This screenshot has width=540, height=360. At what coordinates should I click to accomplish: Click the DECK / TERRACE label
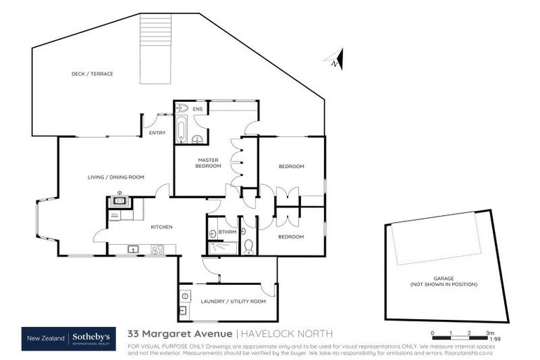[x=92, y=74]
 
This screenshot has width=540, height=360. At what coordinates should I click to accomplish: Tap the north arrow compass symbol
[x=336, y=60]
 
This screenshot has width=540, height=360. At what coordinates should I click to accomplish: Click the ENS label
[x=198, y=109]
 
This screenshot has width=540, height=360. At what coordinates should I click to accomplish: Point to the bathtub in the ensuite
[x=181, y=131]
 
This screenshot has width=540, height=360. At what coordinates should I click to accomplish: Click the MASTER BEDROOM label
[x=209, y=163]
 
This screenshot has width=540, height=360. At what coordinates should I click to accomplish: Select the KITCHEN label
[x=161, y=226]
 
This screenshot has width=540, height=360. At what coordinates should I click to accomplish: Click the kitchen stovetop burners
[x=157, y=248]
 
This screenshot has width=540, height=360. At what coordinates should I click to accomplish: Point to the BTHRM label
[x=226, y=231]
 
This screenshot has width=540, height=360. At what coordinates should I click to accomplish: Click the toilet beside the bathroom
[x=247, y=245]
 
